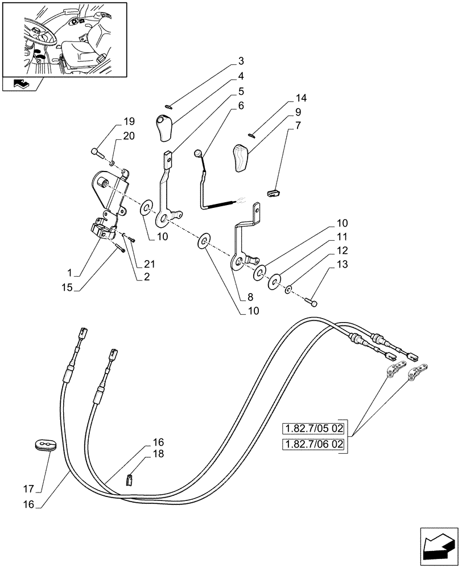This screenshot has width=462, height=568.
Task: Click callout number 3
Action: click(241, 61)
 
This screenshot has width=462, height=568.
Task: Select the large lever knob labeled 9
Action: click(241, 158)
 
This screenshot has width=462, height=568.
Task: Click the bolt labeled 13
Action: click(312, 303)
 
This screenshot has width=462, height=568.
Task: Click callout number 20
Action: click(129, 136)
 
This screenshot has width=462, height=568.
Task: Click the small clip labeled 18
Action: click(129, 480)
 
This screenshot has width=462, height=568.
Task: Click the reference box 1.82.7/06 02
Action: click(313, 444)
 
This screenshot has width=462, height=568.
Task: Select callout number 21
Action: click(149, 264)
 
